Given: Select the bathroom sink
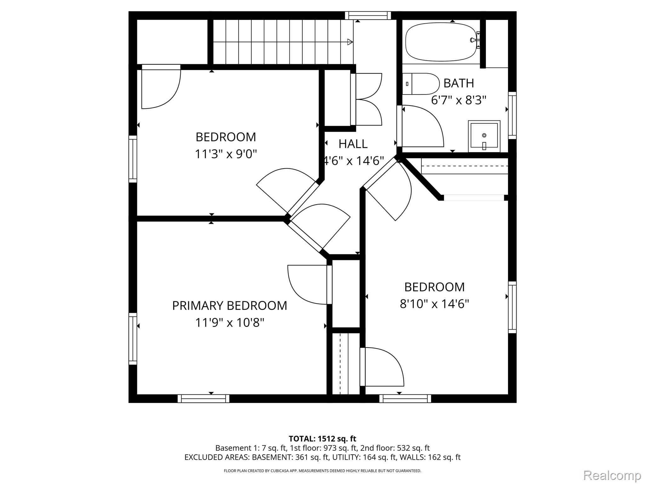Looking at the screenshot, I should tap(484, 136).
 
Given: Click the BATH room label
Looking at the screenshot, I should tap(459, 84).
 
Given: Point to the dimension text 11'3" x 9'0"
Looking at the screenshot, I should tap(226, 154).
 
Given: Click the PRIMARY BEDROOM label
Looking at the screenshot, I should tap(230, 306).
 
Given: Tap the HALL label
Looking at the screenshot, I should tap(353, 144).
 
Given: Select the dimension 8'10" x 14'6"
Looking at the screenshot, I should tap(434, 304).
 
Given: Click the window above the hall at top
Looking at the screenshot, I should tap(368, 15).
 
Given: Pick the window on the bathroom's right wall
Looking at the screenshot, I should tap(512, 115).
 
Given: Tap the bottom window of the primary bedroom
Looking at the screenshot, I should tap(203, 399).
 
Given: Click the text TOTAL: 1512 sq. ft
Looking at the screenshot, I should tap(322, 439).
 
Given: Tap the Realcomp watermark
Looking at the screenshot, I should tap(612, 475).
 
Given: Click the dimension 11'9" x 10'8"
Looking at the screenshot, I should tap(230, 323).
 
